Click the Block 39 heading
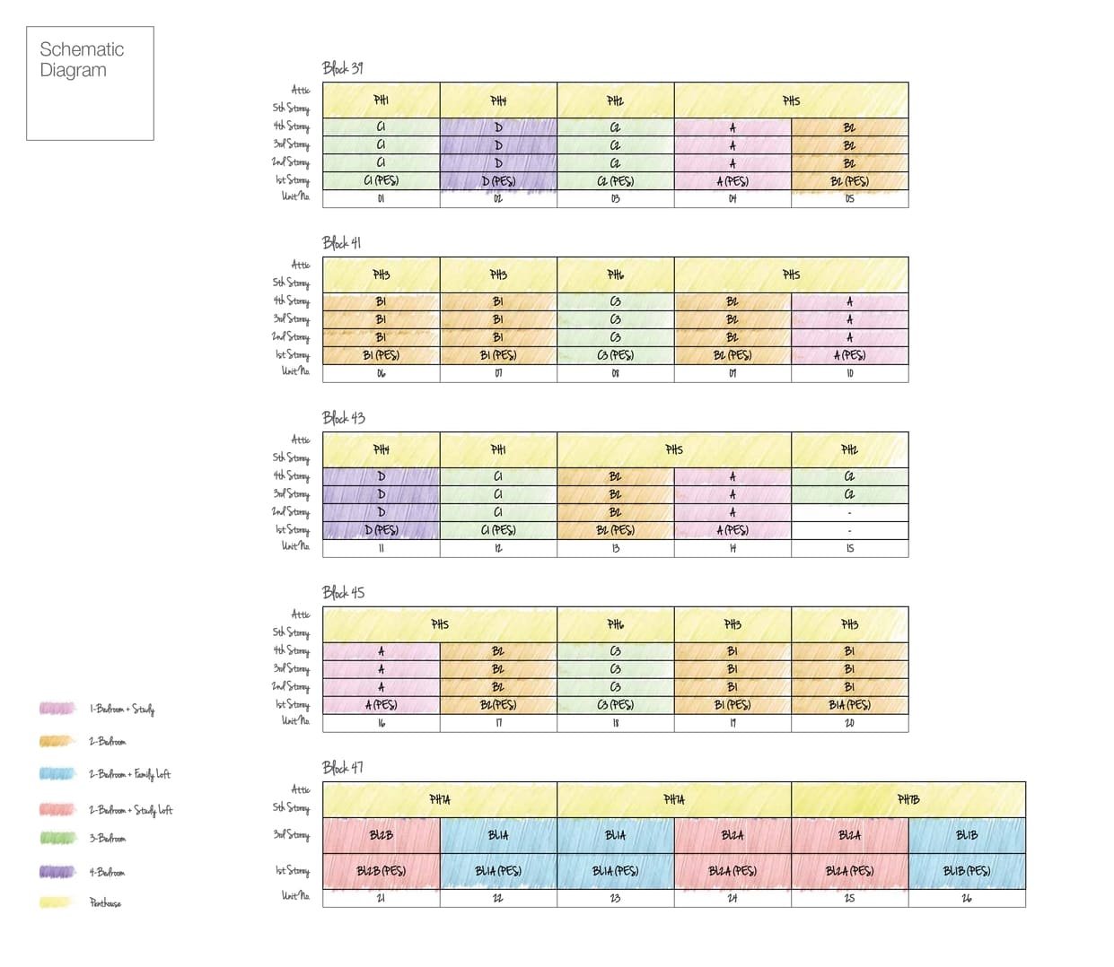(342, 68)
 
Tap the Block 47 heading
(342, 768)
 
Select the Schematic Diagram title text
(82, 60)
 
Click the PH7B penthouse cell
(908, 799)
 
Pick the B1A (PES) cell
(849, 705)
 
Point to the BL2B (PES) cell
(381, 871)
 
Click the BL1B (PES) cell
(967, 871)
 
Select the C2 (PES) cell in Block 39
(615, 181)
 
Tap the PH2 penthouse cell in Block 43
(849, 449)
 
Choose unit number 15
(849, 548)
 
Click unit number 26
(967, 898)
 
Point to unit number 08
(615, 373)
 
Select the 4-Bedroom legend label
(107, 872)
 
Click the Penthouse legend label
(105, 903)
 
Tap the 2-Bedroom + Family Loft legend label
(129, 774)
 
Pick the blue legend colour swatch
(57, 773)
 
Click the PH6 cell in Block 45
(615, 624)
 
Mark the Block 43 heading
(343, 418)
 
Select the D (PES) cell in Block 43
(381, 530)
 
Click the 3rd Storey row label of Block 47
(291, 835)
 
